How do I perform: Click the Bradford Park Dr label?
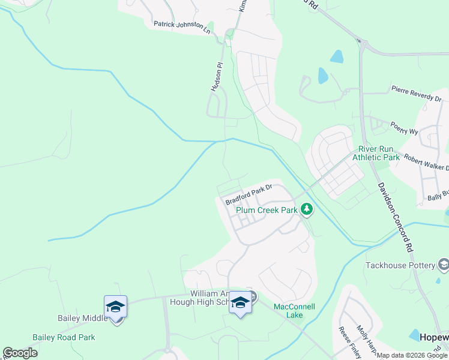coord(249,194)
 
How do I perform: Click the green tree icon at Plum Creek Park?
coord(307,209)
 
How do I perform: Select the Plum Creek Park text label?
coord(267,211)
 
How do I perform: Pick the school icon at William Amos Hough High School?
coord(240,304)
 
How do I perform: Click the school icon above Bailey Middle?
coord(115,307)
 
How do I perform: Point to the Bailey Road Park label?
coord(64,338)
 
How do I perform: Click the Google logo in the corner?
coord(20,353)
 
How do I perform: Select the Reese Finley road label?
coord(349,341)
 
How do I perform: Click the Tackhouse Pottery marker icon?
coord(444,265)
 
